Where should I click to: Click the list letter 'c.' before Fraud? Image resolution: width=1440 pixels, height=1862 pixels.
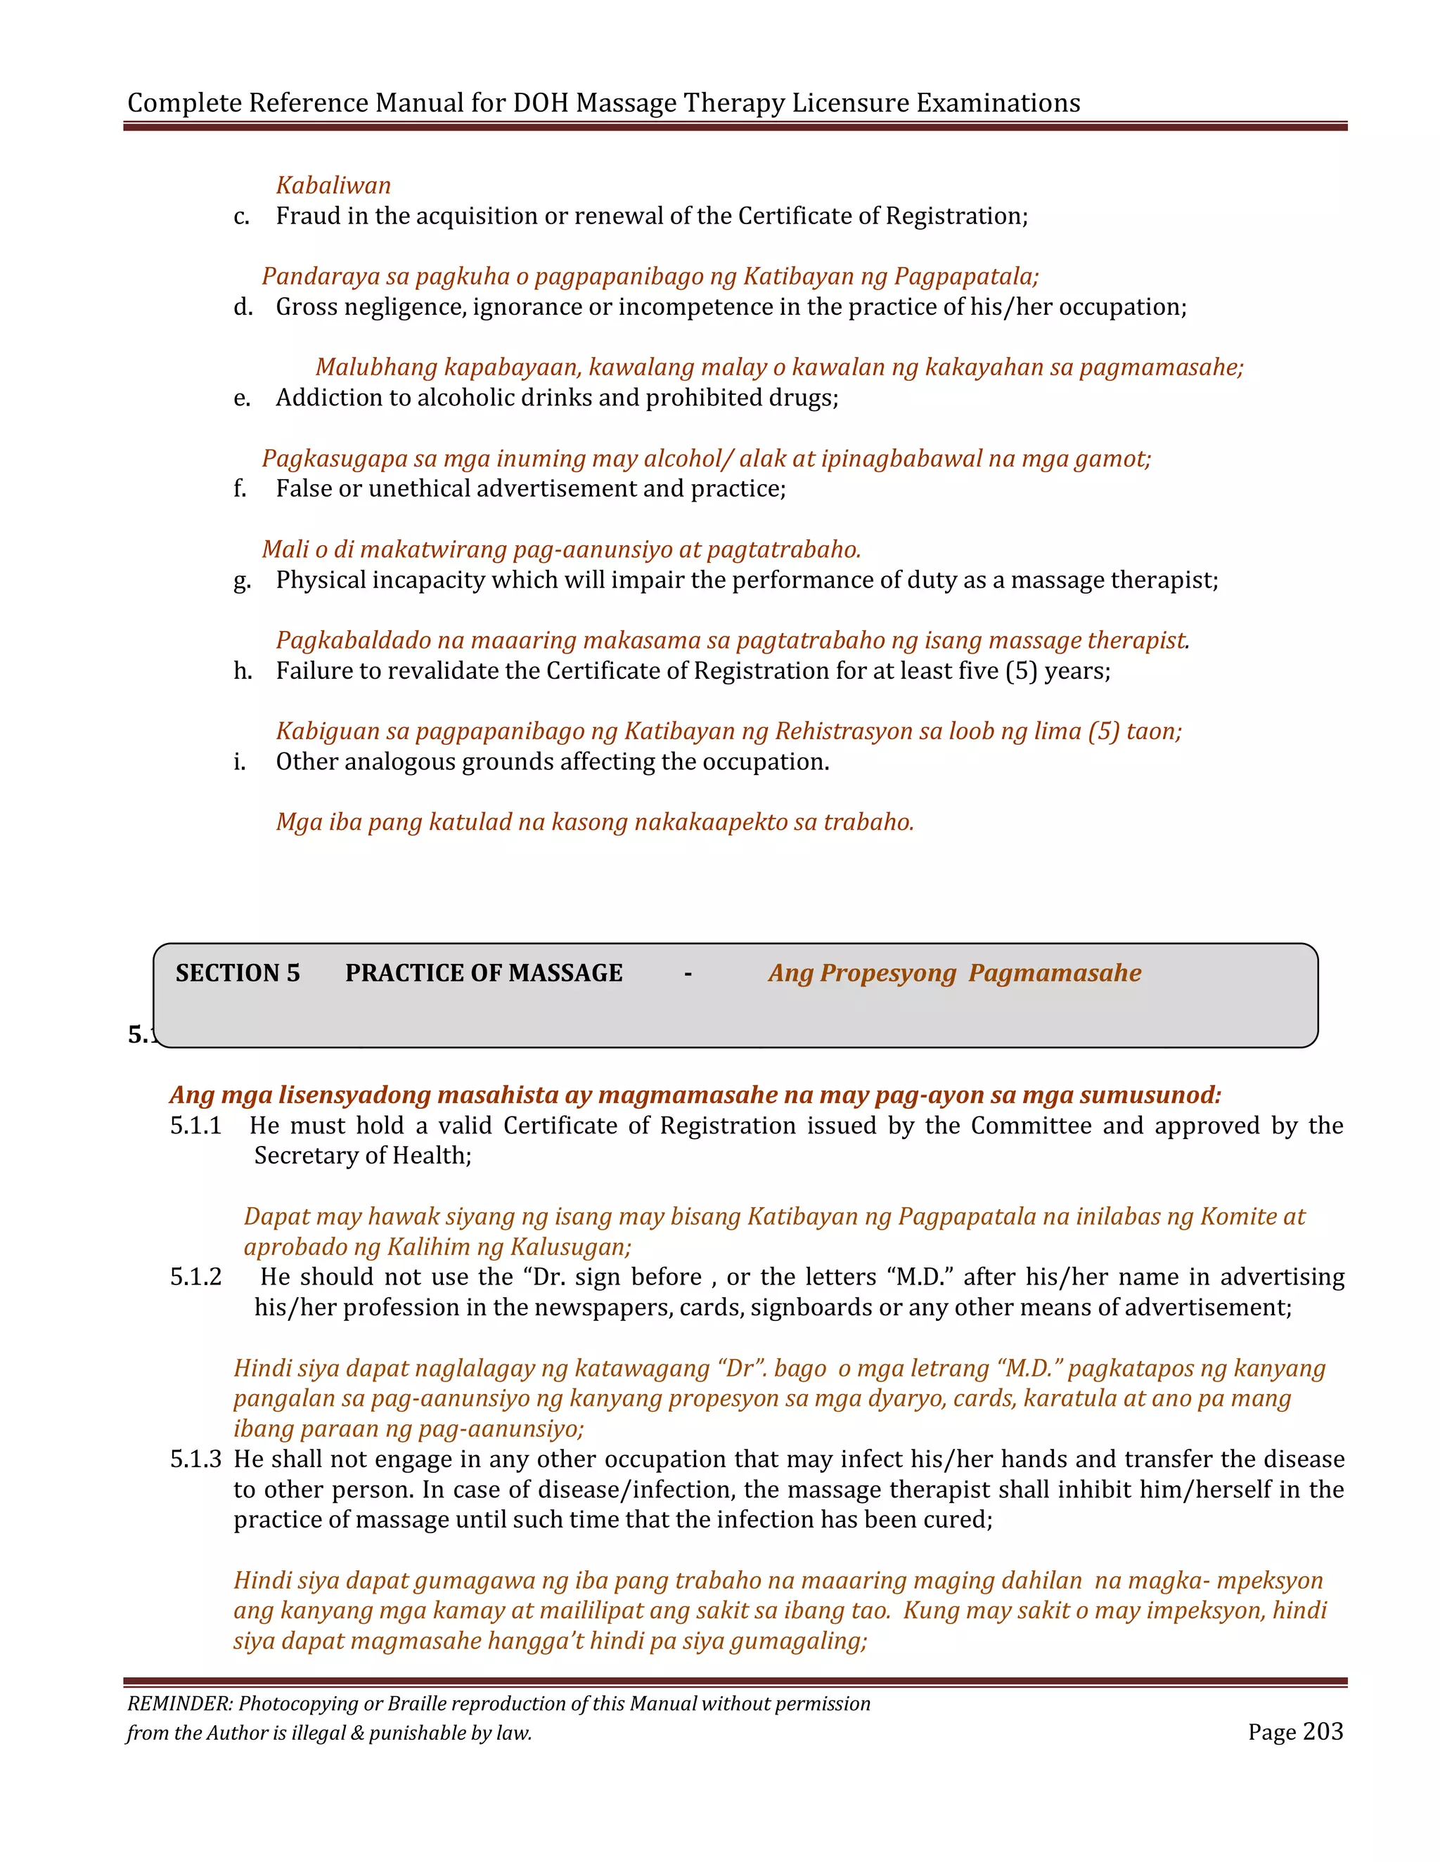click(241, 216)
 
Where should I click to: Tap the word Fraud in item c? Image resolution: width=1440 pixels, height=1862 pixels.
click(308, 216)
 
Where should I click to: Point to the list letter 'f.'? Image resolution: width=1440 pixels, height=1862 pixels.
click(240, 488)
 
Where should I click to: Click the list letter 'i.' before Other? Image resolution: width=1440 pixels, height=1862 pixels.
click(240, 762)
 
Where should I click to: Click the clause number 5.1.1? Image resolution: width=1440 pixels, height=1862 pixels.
click(195, 1126)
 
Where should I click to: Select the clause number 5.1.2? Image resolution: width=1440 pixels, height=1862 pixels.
click(195, 1277)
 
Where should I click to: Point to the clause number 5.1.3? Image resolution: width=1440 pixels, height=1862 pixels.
click(195, 1459)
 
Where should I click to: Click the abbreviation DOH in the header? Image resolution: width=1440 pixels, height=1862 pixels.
click(541, 103)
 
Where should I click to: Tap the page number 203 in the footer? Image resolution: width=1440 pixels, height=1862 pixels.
click(1323, 1731)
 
